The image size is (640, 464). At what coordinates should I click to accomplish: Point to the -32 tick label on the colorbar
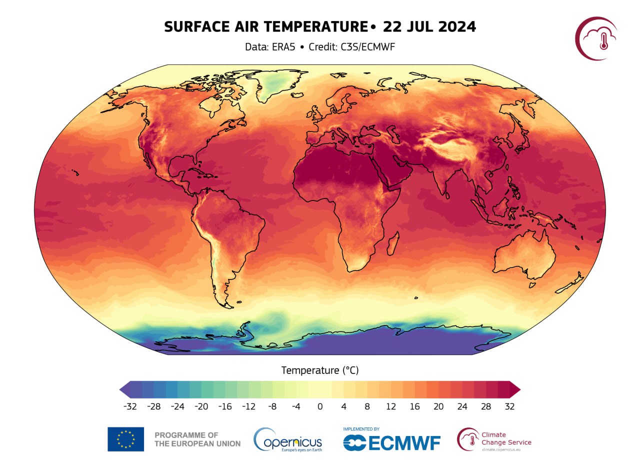(130, 406)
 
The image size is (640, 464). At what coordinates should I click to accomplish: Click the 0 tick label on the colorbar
(320, 406)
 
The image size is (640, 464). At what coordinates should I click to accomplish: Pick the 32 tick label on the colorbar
(509, 406)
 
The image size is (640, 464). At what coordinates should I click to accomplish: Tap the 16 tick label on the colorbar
(414, 406)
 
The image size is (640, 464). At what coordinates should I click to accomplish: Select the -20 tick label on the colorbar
(201, 406)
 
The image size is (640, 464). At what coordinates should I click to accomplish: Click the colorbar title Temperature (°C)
(320, 370)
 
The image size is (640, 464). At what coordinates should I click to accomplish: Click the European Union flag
(125, 439)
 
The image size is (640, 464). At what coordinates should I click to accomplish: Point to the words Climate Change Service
(506, 438)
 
